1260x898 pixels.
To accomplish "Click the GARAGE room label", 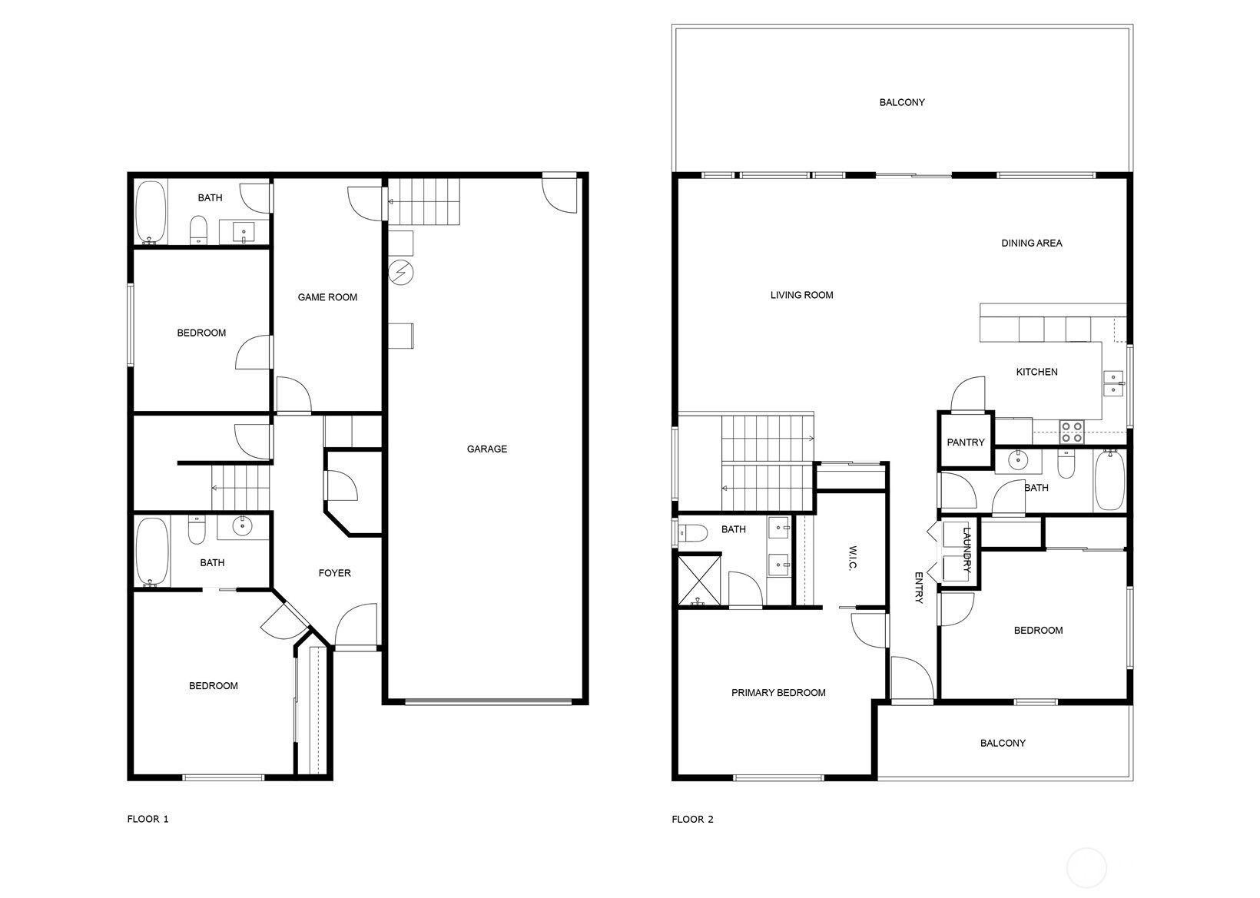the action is pyautogui.click(x=486, y=449).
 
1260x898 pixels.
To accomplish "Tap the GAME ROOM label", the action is pyautogui.click(x=327, y=297).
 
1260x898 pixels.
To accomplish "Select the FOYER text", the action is pyautogui.click(x=335, y=573).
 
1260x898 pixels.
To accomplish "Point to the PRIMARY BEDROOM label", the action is pyautogui.click(x=778, y=693).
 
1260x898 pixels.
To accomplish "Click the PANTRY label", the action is pyautogui.click(x=965, y=442).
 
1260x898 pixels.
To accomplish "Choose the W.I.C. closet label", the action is pyautogui.click(x=852, y=558).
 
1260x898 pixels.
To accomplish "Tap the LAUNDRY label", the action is pyautogui.click(x=967, y=549).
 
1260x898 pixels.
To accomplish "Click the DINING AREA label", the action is pyautogui.click(x=1032, y=243).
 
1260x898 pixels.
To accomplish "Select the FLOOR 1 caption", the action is pyautogui.click(x=148, y=819).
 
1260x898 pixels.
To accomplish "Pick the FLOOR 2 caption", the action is pyautogui.click(x=692, y=820).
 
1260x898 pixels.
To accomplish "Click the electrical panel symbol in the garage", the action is pyautogui.click(x=401, y=273).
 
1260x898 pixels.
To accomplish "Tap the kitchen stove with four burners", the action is pyautogui.click(x=1072, y=432).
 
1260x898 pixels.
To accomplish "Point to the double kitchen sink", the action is pyautogui.click(x=1113, y=383).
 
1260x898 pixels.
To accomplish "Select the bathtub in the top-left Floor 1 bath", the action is pyautogui.click(x=151, y=212).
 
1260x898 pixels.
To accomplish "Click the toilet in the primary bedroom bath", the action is pyautogui.click(x=692, y=532).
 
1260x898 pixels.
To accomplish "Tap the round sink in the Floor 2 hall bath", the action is pyautogui.click(x=1018, y=460).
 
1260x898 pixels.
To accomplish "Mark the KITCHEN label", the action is pyautogui.click(x=1036, y=372).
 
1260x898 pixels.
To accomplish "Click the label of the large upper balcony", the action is pyautogui.click(x=902, y=102).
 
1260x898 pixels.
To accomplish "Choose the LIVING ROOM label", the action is pyautogui.click(x=801, y=295).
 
